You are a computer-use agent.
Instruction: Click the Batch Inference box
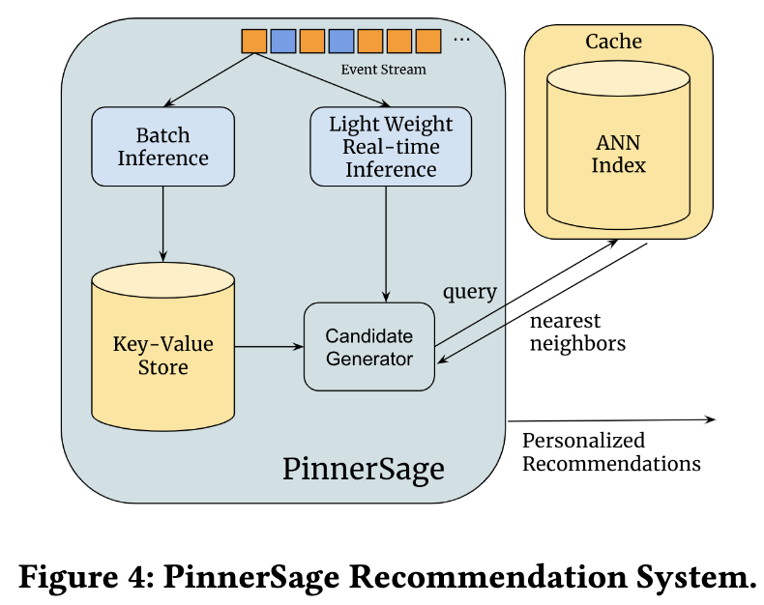(x=162, y=146)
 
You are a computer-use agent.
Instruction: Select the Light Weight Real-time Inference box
(x=391, y=146)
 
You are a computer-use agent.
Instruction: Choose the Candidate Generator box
(x=368, y=347)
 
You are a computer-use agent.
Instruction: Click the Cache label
(x=613, y=42)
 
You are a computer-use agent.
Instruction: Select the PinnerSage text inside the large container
(x=364, y=469)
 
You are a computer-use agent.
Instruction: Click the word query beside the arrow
(x=470, y=291)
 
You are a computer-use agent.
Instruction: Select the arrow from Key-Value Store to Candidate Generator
(x=269, y=346)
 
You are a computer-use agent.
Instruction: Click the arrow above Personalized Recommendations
(x=611, y=419)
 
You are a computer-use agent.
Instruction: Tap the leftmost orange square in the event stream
(x=253, y=41)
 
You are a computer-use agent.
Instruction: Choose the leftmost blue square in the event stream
(x=282, y=41)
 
